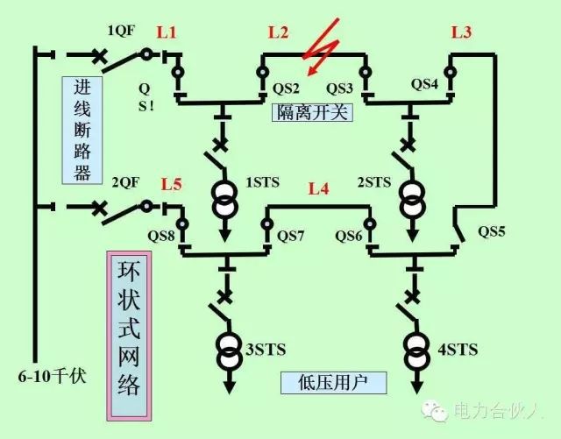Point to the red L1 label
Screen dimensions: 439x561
coord(167,33)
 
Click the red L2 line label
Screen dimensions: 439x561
coord(278,33)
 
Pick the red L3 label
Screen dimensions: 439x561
coord(461,33)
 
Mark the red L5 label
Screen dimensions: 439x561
coord(172,185)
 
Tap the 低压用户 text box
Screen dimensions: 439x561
coord(320,384)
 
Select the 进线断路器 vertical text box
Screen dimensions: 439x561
coord(82,130)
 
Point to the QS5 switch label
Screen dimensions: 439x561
coord(493,232)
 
